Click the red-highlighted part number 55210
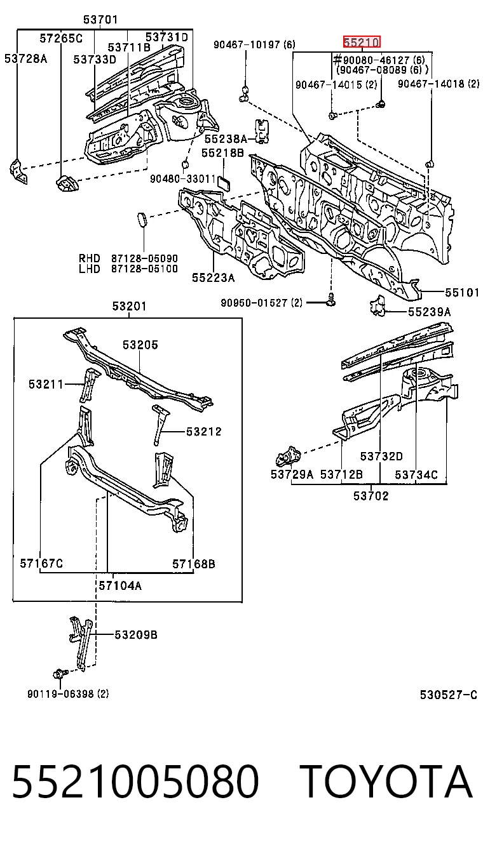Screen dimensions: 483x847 point(362,42)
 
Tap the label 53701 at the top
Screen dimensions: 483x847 point(100,19)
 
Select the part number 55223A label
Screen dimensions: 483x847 point(213,277)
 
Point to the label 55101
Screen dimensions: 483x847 point(462,292)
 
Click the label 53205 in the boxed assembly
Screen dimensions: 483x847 point(140,345)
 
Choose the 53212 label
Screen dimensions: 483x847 point(203,431)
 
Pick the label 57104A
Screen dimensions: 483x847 point(120,585)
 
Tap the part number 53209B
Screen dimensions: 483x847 point(136,634)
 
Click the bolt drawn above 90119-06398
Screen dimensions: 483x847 point(60,674)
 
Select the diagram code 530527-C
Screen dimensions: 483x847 point(449,695)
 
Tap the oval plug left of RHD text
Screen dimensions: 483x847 point(142,220)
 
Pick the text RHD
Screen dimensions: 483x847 point(90,258)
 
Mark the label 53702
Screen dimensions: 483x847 point(371,496)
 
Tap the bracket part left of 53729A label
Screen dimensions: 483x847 point(288,457)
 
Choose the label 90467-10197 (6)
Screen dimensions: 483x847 point(254,44)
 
